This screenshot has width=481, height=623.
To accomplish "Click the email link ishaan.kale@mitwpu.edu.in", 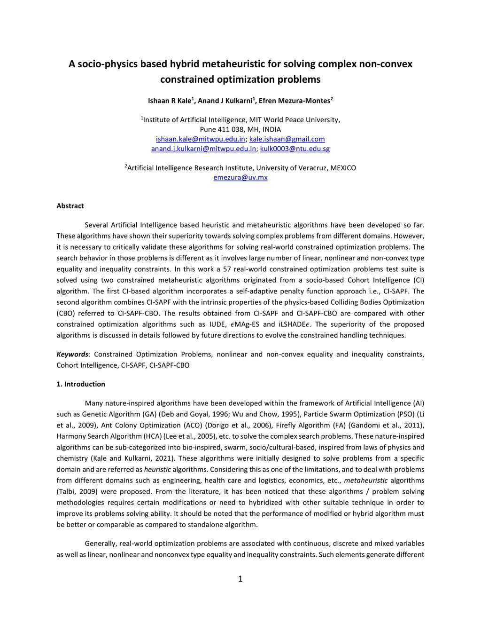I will (201, 139).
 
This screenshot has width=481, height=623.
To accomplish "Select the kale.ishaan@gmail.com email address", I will (287, 139).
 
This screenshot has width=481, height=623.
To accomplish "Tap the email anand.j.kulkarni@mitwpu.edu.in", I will (203, 149).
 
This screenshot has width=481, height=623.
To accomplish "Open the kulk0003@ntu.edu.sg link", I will (295, 149).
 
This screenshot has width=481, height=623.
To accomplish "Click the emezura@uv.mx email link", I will (240, 178).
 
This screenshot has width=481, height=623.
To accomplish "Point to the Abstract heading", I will (70, 206).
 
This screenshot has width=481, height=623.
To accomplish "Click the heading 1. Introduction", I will (81, 384).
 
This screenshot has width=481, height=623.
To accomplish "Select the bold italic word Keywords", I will (72, 355).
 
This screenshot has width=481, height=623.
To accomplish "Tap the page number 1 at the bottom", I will (240, 579).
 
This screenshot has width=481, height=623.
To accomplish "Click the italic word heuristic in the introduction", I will (157, 470).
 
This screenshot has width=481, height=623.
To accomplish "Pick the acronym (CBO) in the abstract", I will (65, 314).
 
